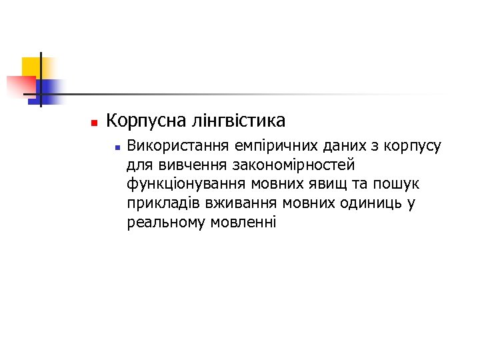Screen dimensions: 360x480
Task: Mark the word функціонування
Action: [183, 183]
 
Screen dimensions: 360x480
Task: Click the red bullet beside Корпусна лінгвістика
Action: [93, 123]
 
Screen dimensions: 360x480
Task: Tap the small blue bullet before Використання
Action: [116, 146]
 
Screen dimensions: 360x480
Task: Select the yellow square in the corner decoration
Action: [31, 66]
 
